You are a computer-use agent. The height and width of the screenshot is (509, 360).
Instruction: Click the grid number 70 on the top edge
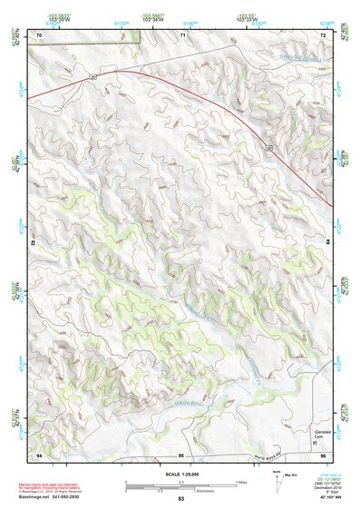(x=39, y=34)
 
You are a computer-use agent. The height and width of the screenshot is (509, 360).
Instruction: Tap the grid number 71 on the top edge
(x=181, y=34)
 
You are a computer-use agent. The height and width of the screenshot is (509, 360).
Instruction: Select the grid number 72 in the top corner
(x=324, y=34)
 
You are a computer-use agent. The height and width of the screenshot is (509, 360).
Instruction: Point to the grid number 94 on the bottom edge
(x=39, y=454)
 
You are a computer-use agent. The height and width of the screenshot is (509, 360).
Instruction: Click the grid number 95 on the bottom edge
(x=181, y=454)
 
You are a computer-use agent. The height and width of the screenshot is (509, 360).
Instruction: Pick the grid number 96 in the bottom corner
(x=324, y=454)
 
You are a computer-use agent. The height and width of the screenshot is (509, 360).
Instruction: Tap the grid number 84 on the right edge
(x=327, y=243)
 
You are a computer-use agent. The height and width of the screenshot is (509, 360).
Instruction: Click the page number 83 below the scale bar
(x=181, y=499)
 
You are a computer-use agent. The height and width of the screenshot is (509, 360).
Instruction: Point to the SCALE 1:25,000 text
(x=180, y=474)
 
